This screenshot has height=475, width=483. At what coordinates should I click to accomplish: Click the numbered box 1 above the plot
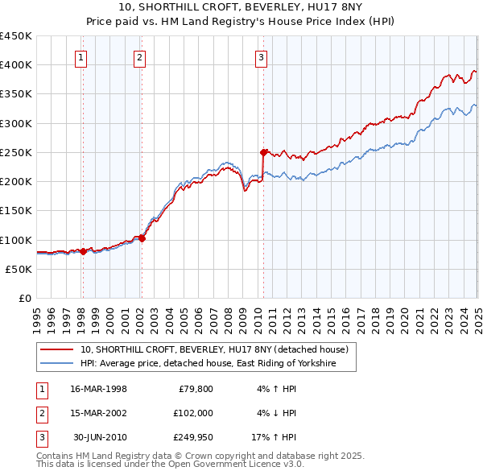82,57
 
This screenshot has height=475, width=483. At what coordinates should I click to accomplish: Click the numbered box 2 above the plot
140,57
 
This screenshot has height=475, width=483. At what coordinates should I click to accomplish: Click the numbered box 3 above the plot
262,57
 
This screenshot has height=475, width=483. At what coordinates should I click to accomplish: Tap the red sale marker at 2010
263,151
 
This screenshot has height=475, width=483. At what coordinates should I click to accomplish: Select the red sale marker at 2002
142,238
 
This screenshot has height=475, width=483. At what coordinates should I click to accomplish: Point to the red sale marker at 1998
83,251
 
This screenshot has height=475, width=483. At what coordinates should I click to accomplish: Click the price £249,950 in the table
191,437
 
